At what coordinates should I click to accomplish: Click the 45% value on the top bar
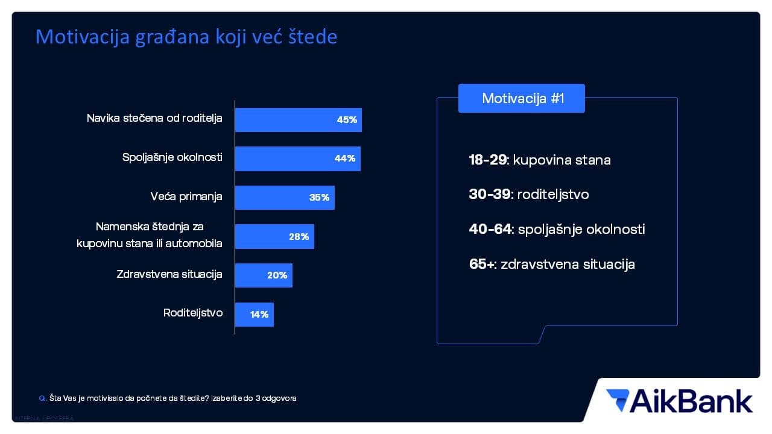[x=347, y=120]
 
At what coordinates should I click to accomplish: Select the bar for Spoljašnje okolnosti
[x=297, y=159]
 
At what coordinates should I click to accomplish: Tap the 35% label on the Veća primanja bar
[x=319, y=198]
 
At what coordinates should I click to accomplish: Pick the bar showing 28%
[x=274, y=237]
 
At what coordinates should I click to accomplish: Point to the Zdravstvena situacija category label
[x=169, y=274]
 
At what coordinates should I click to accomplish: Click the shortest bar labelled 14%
[x=254, y=314]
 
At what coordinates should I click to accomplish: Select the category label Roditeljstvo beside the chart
[x=193, y=313]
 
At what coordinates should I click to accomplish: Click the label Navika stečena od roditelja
[x=154, y=118]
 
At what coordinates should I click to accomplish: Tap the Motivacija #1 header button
[x=522, y=98]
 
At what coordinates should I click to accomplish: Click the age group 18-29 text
[x=487, y=160]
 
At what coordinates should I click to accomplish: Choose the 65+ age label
[x=481, y=264]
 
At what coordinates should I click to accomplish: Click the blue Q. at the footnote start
[x=42, y=398]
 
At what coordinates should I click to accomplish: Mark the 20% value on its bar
[x=277, y=275]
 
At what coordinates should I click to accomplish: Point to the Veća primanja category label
[x=186, y=197]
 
